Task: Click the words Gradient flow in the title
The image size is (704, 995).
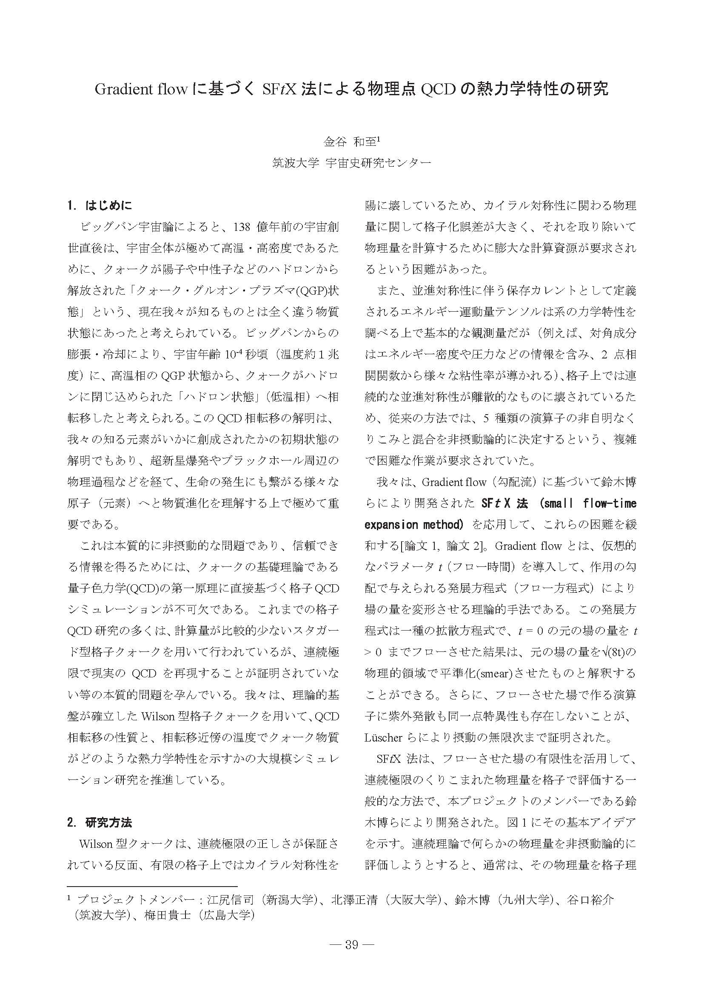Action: pyautogui.click(x=141, y=89)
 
